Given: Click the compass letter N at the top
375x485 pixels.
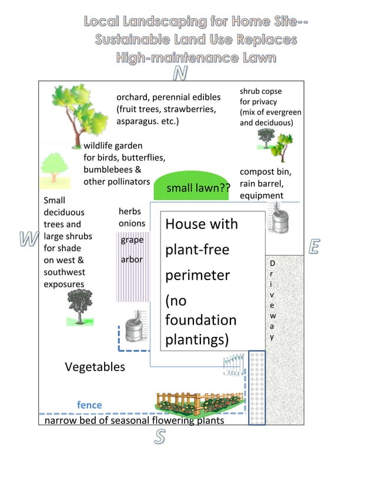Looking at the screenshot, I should [x=181, y=73].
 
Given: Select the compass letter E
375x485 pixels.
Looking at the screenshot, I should [x=313, y=247].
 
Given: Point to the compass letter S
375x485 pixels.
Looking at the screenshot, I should [x=160, y=436].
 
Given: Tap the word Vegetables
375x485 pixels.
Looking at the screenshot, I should [x=95, y=367].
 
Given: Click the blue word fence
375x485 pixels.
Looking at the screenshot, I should [x=89, y=405].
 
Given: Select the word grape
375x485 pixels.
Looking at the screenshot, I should [x=132, y=240].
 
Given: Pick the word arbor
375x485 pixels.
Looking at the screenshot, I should [x=132, y=259].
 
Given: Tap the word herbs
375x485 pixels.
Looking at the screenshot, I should [x=129, y=211].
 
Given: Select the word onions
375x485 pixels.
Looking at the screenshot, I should [x=132, y=224].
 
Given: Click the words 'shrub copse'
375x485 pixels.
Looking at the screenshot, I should [x=260, y=91].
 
